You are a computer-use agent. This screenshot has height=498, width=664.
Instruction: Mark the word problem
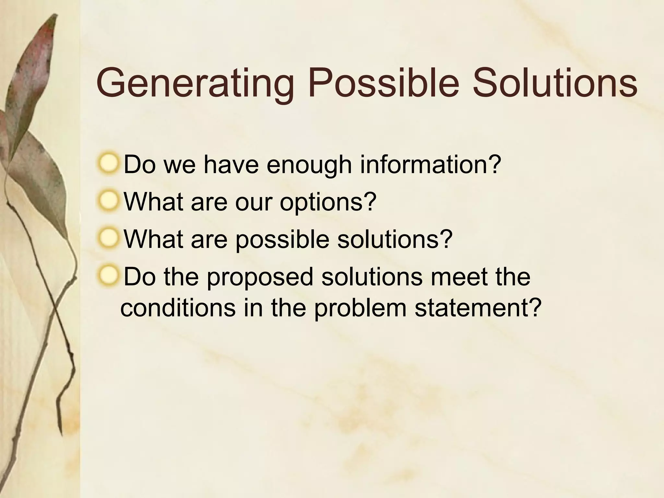(360, 308)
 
